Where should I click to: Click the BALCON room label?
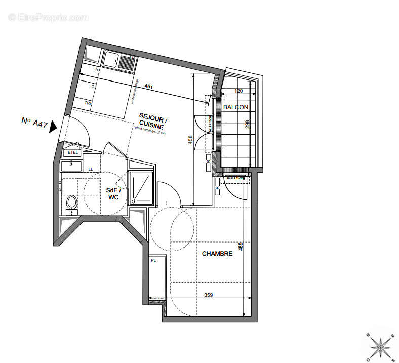[x=235, y=107]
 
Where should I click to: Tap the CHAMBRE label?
[x=217, y=254]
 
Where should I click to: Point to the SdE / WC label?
[x=113, y=193]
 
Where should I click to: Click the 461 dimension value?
[x=149, y=86]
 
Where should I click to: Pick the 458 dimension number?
[x=190, y=140]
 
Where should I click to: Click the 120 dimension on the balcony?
[x=239, y=91]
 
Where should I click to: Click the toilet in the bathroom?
[x=71, y=203]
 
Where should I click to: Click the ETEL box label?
[x=70, y=152]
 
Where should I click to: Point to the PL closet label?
[x=153, y=260]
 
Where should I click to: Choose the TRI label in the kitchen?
[x=88, y=103]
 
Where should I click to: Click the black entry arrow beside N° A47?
[x=53, y=127]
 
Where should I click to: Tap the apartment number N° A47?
[x=34, y=122]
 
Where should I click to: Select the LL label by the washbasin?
[x=91, y=169]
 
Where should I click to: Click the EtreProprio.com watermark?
[x=49, y=17]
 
